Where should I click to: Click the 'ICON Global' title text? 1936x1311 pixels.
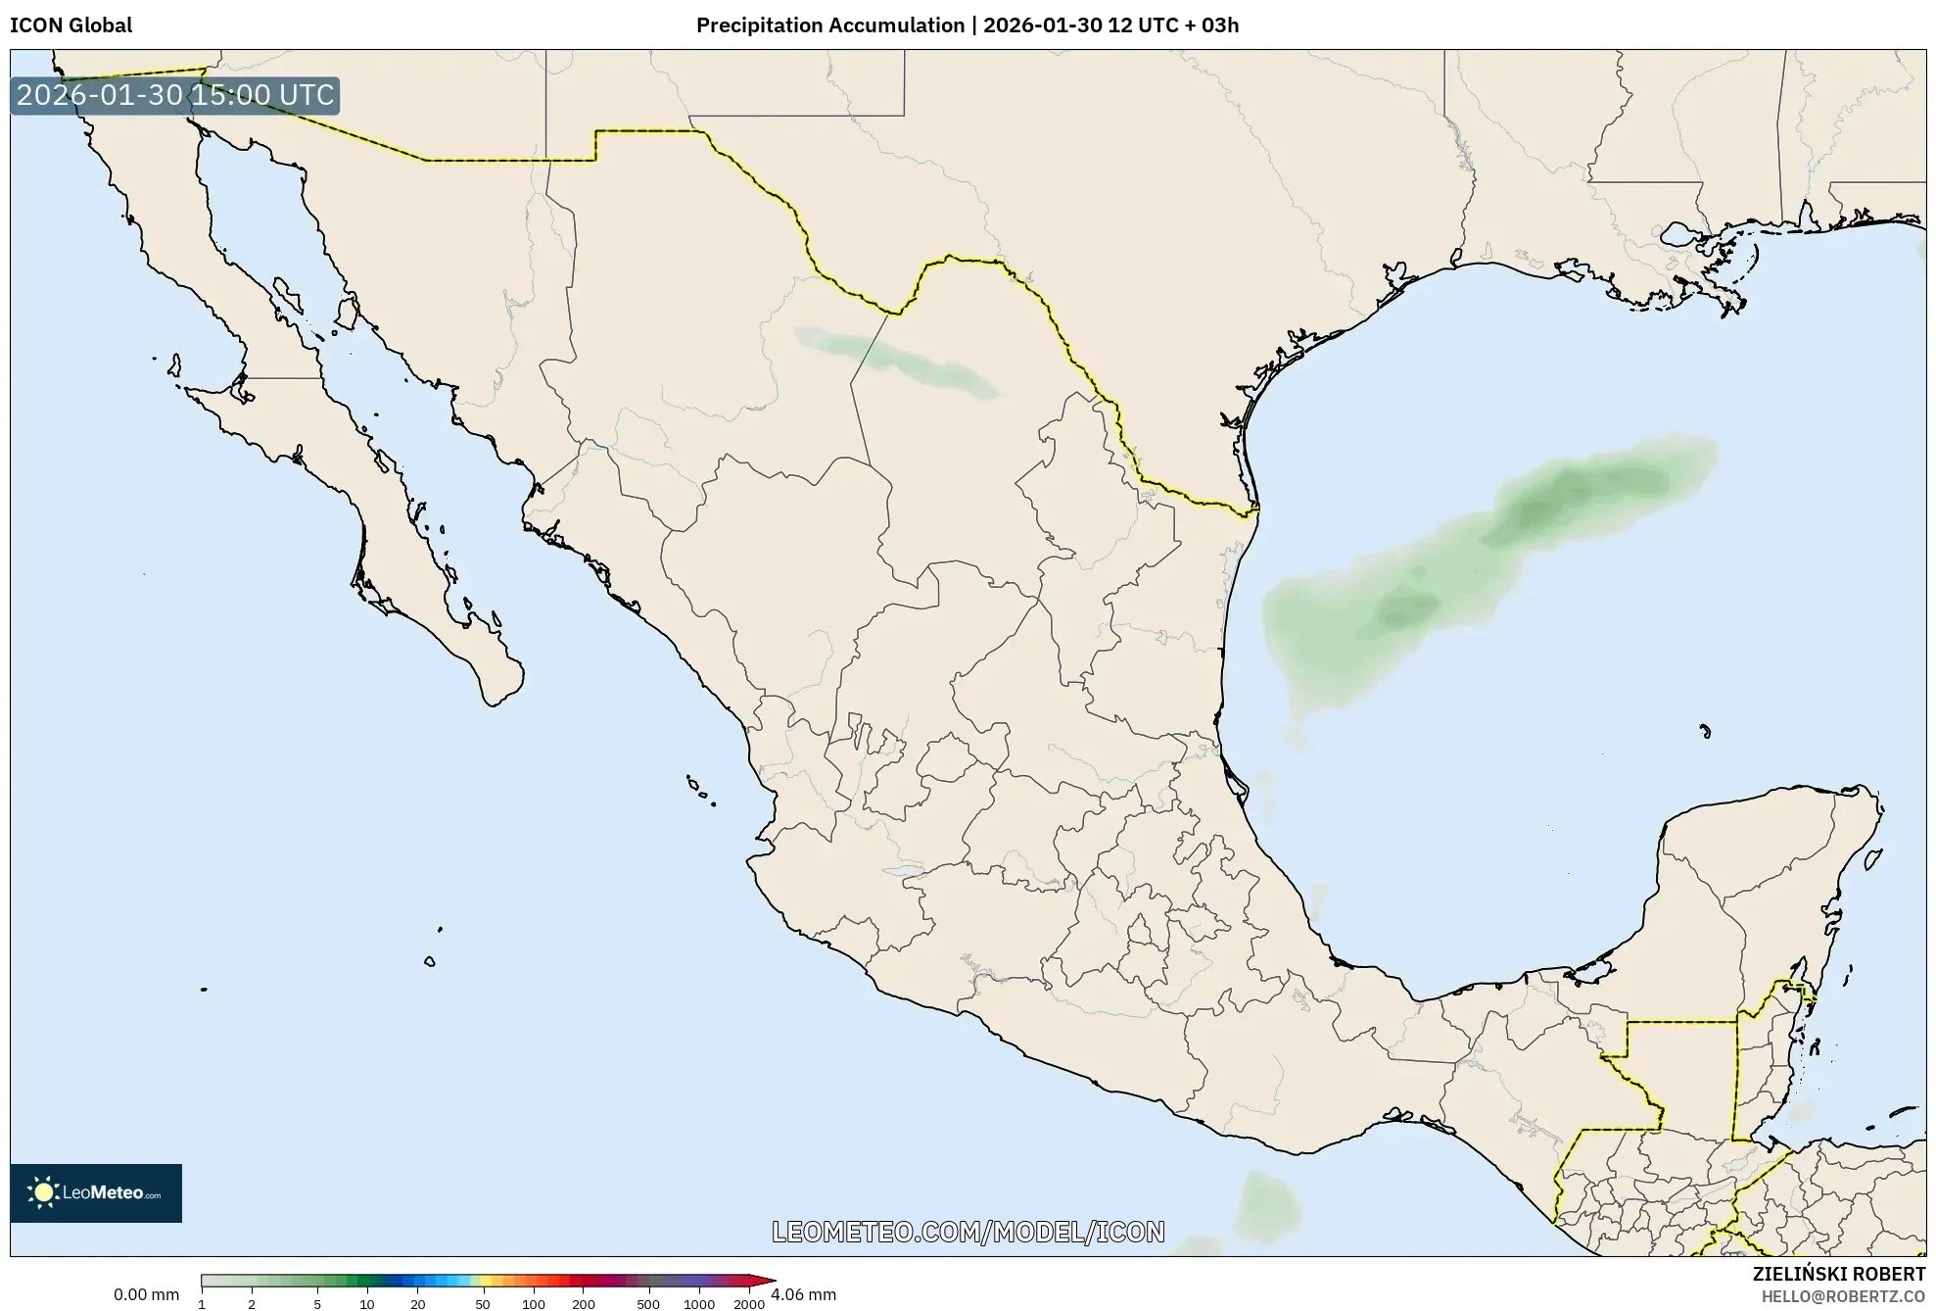pyautogui.click(x=71, y=25)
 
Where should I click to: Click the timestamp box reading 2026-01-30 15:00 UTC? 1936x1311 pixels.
pyautogui.click(x=175, y=95)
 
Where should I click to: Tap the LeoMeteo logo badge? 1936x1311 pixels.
pyautogui.click(x=96, y=1192)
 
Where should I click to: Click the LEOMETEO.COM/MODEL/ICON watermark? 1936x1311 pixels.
pyautogui.click(x=968, y=1232)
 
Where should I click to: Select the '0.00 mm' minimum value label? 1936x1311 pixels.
pyautogui.click(x=146, y=1294)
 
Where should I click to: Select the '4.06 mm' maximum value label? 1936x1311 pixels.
pyautogui.click(x=804, y=1294)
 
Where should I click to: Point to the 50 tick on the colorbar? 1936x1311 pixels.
pyautogui.click(x=482, y=1304)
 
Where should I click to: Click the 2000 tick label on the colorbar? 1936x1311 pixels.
pyautogui.click(x=749, y=1304)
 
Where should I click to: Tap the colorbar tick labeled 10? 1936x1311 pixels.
pyautogui.click(x=367, y=1304)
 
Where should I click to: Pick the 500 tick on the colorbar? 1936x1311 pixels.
pyautogui.click(x=648, y=1304)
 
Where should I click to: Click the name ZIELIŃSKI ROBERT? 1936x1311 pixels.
pyautogui.click(x=1838, y=1274)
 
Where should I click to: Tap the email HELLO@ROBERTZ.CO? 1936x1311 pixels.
pyautogui.click(x=1843, y=1296)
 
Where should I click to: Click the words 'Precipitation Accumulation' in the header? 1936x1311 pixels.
pyautogui.click(x=829, y=25)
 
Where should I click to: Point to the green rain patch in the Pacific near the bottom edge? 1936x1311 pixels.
pyautogui.click(x=1267, y=1205)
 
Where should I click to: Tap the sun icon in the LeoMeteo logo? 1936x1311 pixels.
pyautogui.click(x=43, y=1192)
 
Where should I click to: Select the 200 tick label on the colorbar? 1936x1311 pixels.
pyautogui.click(x=584, y=1304)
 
